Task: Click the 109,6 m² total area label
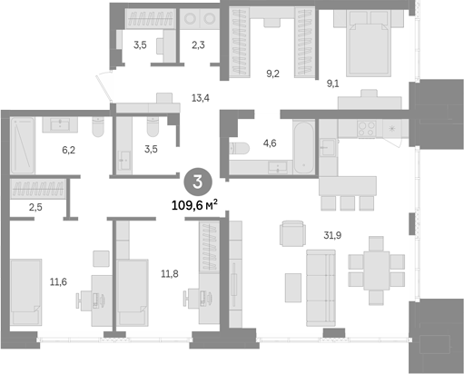click(x=194, y=205)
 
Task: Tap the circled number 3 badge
click(x=198, y=182)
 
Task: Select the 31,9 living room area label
click(x=332, y=235)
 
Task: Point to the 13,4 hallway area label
click(x=201, y=98)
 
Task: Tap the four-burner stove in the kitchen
click(x=367, y=129)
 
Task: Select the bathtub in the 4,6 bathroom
click(x=303, y=147)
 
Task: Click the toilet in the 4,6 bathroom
click(x=239, y=148)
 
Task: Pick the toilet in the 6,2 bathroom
click(x=98, y=126)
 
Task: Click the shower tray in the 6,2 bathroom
click(x=23, y=145)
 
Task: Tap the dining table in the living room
click(x=376, y=271)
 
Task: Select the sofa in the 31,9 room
click(x=321, y=288)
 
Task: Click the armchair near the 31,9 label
click(x=292, y=233)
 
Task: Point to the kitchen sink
click(x=328, y=147)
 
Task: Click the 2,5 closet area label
click(x=35, y=207)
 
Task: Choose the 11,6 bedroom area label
click(x=58, y=282)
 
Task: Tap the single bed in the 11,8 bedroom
click(x=133, y=292)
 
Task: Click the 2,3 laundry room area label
click(x=198, y=45)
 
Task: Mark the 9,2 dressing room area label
click(x=272, y=74)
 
